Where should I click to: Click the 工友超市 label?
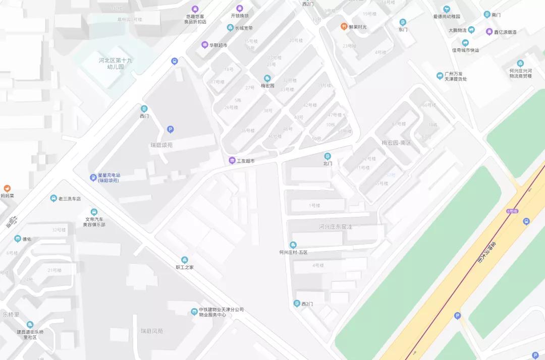click(x=246, y=161)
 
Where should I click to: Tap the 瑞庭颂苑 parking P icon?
click(x=170, y=130)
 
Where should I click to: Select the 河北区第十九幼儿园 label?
click(x=115, y=63)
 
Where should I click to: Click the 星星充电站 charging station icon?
click(x=93, y=177)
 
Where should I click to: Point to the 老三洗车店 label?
click(x=69, y=199)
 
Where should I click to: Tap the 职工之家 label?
click(x=185, y=267)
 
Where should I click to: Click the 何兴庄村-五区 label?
click(x=293, y=252)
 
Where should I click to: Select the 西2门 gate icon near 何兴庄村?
click(x=297, y=303)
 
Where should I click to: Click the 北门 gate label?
click(x=328, y=163)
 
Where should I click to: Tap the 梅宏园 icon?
click(x=267, y=78)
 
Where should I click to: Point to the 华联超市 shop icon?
click(x=204, y=45)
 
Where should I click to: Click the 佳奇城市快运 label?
click(x=465, y=50)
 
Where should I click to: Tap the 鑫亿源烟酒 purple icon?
click(x=489, y=32)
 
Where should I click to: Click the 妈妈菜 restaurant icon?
click(x=7, y=189)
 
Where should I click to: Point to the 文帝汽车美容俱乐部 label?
click(x=94, y=222)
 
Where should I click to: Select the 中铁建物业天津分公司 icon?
click(x=194, y=312)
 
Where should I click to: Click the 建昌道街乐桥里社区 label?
click(x=30, y=334)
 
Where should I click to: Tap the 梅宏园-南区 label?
click(x=397, y=143)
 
